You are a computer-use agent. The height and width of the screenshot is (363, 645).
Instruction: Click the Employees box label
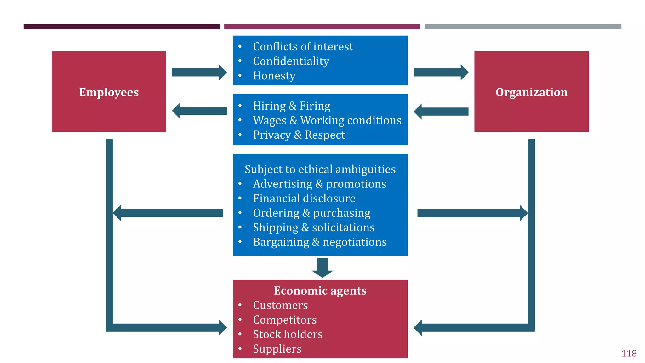click(x=109, y=92)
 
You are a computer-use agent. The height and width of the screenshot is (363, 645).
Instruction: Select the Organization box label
click(x=531, y=92)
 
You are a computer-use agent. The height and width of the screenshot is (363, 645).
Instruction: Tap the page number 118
click(x=629, y=354)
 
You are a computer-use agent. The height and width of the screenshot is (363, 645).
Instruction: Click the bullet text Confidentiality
click(x=291, y=61)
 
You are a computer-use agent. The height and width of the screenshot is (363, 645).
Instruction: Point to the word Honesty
click(x=274, y=76)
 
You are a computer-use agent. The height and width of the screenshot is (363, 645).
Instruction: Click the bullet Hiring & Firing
click(x=291, y=106)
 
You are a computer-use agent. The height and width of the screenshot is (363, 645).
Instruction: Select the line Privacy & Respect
click(x=299, y=135)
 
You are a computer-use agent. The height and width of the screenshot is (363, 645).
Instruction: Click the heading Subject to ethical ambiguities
click(x=320, y=170)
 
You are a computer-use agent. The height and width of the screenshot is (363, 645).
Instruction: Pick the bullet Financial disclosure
click(x=304, y=199)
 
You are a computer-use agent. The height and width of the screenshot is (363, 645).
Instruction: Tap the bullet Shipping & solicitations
click(x=314, y=228)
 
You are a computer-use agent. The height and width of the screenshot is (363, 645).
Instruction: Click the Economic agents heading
click(x=320, y=291)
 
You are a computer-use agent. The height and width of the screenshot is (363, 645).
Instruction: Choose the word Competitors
click(x=285, y=320)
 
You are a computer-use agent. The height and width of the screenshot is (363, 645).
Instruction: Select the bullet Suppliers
click(x=277, y=349)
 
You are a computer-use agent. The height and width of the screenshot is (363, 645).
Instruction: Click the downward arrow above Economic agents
click(x=322, y=268)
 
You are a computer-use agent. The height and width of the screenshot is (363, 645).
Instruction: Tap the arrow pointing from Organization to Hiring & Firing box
click(x=441, y=112)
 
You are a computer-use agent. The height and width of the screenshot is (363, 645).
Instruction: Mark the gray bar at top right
click(x=523, y=27)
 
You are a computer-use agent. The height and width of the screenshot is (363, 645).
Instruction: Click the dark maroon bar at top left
click(x=121, y=27)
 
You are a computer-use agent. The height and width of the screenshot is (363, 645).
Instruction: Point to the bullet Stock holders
click(x=288, y=334)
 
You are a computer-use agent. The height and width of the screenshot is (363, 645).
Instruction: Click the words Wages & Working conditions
click(x=327, y=120)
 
